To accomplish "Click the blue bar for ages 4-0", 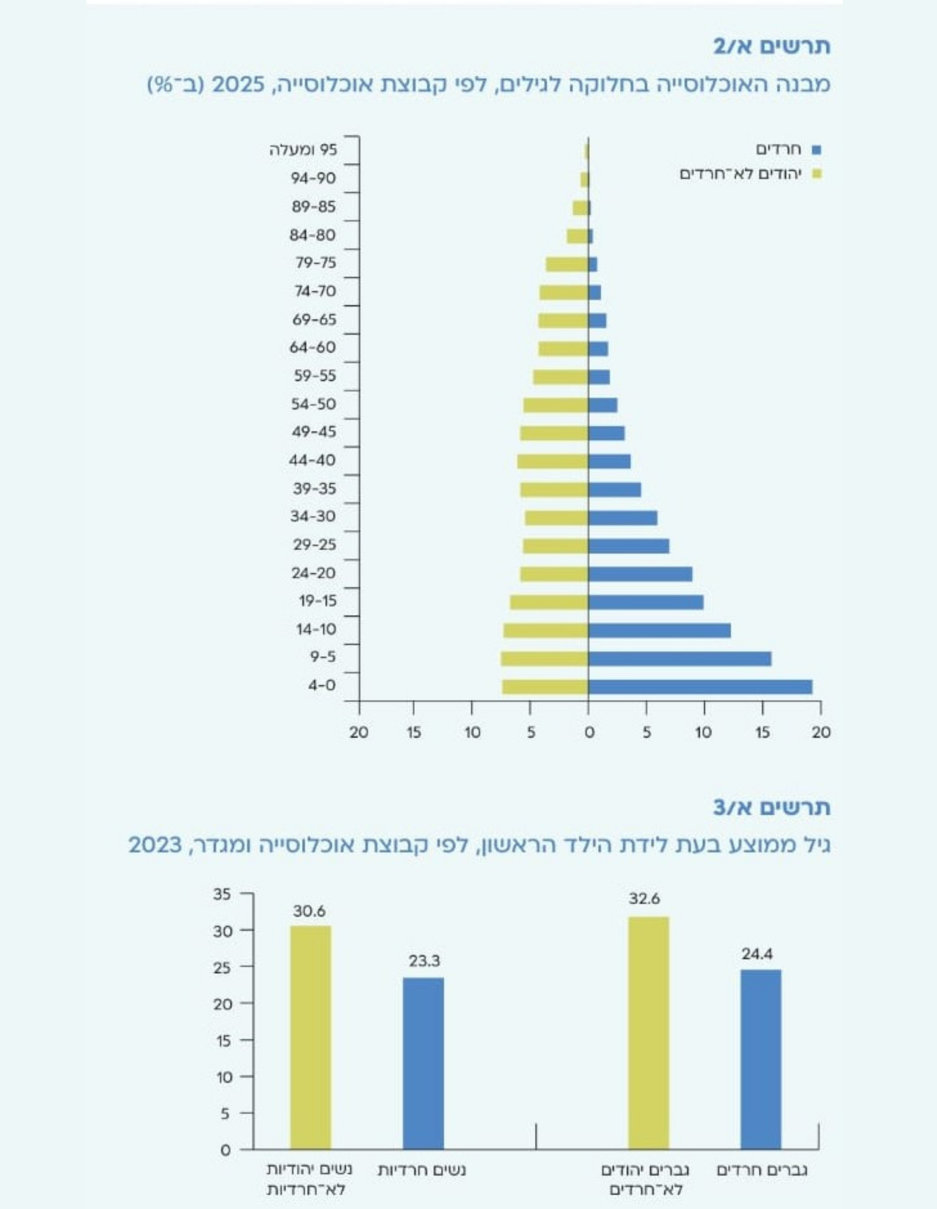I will (x=700, y=686).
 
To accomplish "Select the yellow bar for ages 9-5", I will (x=545, y=658).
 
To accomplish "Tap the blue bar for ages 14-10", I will (x=659, y=630).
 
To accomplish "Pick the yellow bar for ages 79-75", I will (x=567, y=264).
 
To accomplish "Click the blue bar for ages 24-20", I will (x=640, y=574).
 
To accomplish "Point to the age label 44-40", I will (x=313, y=460).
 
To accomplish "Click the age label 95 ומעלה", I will (x=303, y=150).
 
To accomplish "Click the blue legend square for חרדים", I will (x=816, y=149).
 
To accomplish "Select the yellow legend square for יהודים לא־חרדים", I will (x=817, y=174).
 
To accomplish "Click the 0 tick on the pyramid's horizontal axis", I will (x=589, y=732).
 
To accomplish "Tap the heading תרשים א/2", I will (x=772, y=46).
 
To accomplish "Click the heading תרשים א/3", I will (x=772, y=808).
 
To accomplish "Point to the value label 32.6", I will (x=644, y=898).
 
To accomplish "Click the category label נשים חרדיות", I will (x=422, y=1170).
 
